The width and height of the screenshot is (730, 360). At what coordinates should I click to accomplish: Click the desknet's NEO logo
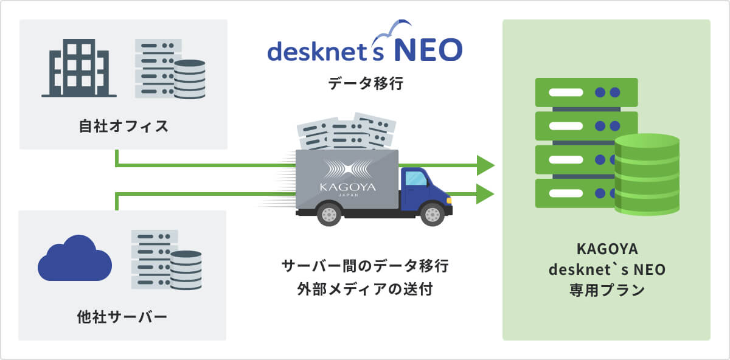click(x=365, y=49)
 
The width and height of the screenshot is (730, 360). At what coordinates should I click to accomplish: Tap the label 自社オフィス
click(x=123, y=127)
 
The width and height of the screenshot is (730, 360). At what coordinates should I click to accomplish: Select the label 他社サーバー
click(x=122, y=317)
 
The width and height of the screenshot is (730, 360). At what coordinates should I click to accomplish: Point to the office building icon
click(x=79, y=68)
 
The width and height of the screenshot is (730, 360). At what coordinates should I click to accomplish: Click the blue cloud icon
click(x=74, y=258)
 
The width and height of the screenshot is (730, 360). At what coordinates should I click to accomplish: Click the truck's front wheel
click(x=432, y=213)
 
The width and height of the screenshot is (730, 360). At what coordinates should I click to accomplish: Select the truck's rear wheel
click(x=329, y=213)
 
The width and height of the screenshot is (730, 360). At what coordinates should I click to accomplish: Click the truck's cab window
click(x=416, y=179)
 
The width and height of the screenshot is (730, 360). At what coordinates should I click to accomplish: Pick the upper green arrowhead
click(x=485, y=165)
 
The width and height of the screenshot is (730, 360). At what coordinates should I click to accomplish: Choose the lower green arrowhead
click(x=485, y=195)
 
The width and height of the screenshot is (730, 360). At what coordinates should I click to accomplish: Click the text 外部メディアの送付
click(x=365, y=288)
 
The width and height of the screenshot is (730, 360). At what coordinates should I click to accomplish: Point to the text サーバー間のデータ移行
click(x=365, y=266)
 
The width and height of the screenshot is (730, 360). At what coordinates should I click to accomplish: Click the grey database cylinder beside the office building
click(x=189, y=79)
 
